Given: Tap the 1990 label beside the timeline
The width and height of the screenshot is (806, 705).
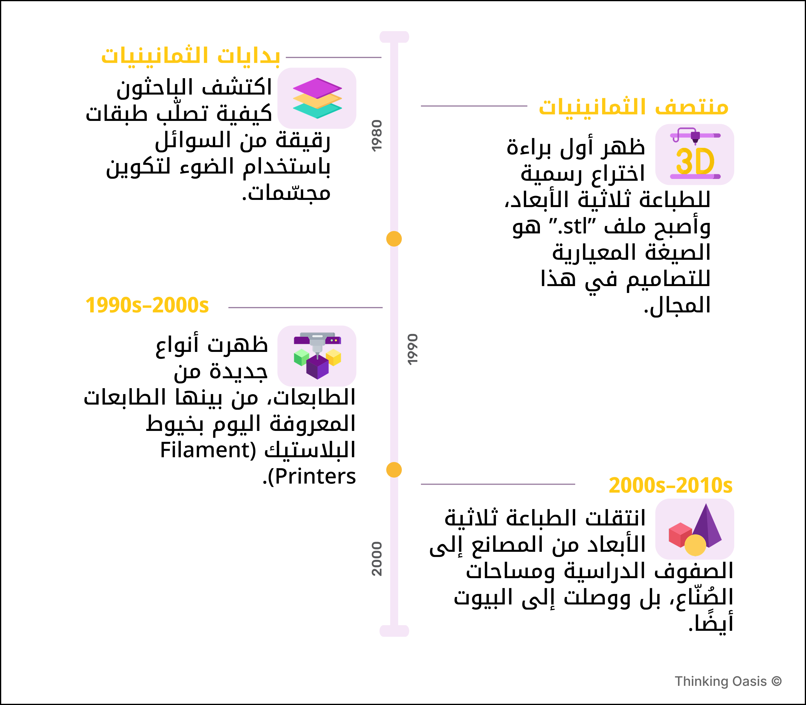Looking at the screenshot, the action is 412,349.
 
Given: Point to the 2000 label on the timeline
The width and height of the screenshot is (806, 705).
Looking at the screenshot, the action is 376,559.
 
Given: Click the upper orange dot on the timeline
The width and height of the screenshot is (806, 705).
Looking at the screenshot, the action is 394,239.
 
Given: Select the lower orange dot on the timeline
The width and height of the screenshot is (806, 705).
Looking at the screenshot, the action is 394,470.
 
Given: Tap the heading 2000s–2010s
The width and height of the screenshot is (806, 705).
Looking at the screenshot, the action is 671,485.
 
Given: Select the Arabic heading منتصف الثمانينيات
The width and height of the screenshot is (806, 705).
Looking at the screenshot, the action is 633,107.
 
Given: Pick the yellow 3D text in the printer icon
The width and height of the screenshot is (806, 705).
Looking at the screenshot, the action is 694,161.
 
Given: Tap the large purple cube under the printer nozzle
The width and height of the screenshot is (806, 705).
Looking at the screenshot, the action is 317,367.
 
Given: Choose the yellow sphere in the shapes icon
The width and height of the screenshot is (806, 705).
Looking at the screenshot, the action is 695,545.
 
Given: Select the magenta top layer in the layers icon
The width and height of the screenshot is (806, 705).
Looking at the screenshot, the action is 317,87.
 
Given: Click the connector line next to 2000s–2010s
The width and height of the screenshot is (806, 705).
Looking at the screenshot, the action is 497,484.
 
